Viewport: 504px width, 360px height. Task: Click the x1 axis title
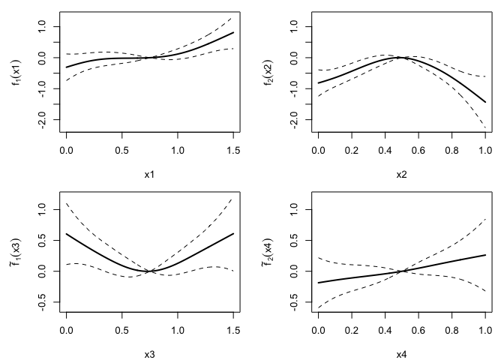pyautogui.click(x=149, y=174)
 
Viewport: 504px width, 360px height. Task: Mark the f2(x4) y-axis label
pyautogui.click(x=268, y=250)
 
